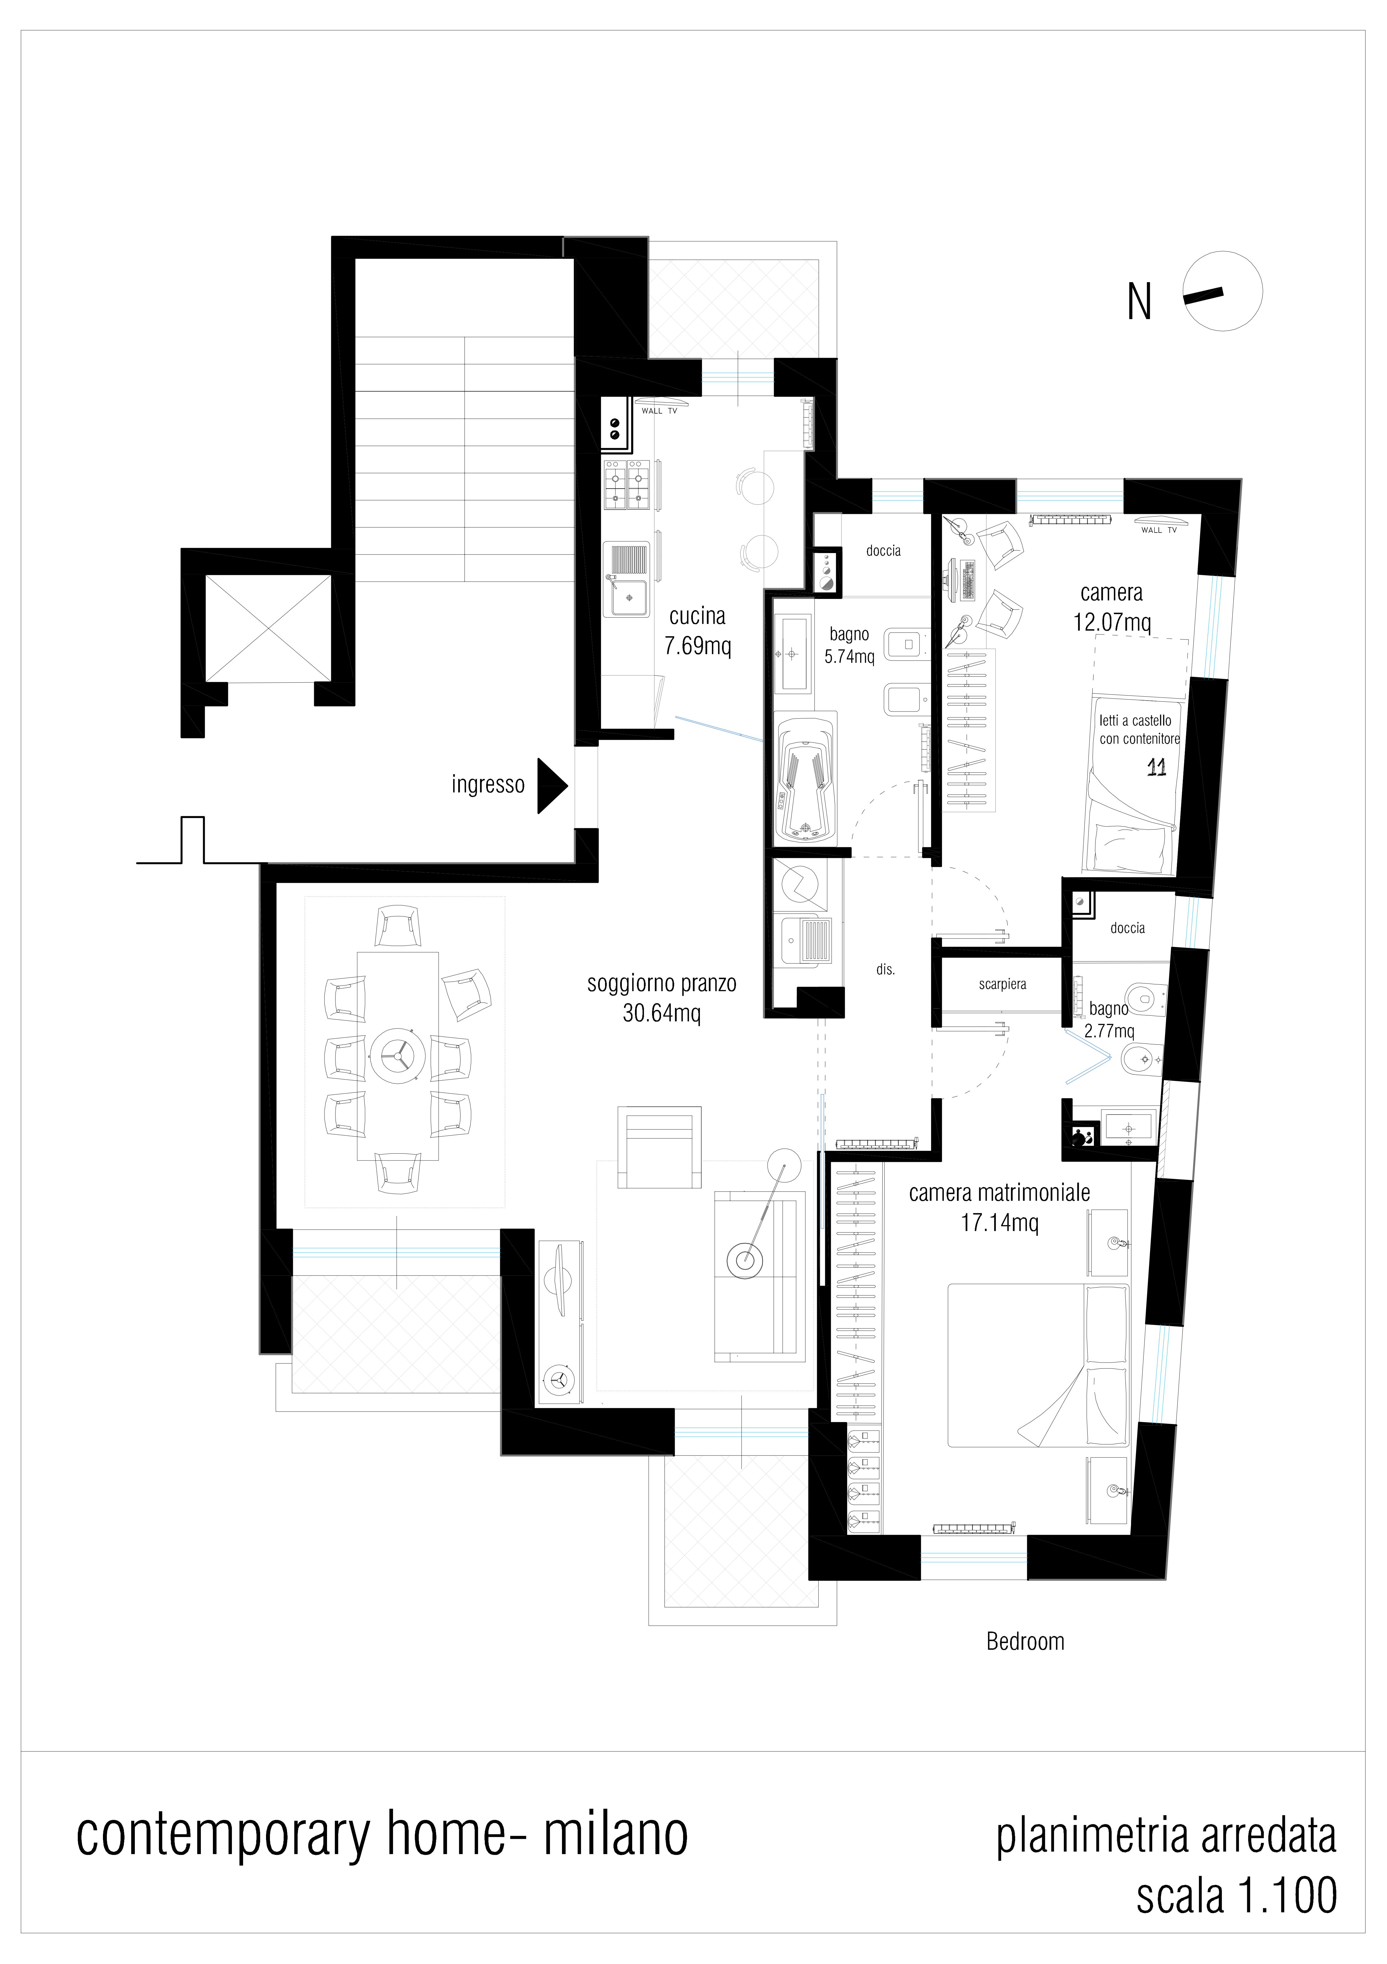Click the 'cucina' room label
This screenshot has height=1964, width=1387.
click(698, 616)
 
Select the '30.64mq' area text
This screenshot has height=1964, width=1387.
click(662, 1014)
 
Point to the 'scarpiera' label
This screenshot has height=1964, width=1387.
click(1002, 985)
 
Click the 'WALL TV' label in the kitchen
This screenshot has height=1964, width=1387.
click(659, 411)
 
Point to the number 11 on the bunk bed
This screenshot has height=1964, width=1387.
click(1156, 767)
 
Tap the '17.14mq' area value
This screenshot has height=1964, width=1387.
click(1000, 1222)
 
